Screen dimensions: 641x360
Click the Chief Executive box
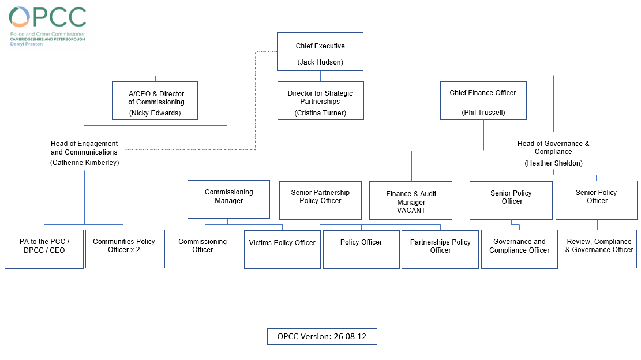pyautogui.click(x=320, y=52)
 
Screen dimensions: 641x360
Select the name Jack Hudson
pyautogui.click(x=320, y=62)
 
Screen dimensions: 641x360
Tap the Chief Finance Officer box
pyautogui.click(x=483, y=100)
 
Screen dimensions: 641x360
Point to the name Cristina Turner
pyautogui.click(x=320, y=112)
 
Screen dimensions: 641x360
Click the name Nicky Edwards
pyautogui.click(x=155, y=112)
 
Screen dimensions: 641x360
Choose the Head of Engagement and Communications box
pyautogui.click(x=84, y=151)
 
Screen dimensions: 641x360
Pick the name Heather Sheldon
pyautogui.click(x=553, y=163)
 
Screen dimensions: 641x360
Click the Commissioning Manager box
pyautogui.click(x=228, y=200)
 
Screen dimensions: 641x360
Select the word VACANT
pyautogui.click(x=411, y=211)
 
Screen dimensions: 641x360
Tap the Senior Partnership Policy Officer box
pyautogui.click(x=321, y=200)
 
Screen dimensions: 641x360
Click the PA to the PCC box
pyautogui.click(x=44, y=249)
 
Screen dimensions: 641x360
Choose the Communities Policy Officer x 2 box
pyautogui.click(x=124, y=249)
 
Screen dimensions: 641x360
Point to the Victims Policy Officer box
pyautogui.click(x=282, y=249)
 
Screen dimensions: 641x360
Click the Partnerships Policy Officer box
pyautogui.click(x=440, y=249)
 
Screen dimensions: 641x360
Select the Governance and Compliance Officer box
pyautogui.click(x=520, y=249)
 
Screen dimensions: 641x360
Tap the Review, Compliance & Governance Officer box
pyautogui.click(x=598, y=249)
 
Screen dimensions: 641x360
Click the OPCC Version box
pyautogui.click(x=322, y=337)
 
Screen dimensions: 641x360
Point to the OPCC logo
pyautogui.click(x=47, y=26)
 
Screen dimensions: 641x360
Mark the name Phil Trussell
pyautogui.click(x=483, y=112)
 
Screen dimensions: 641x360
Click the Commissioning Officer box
pyautogui.click(x=203, y=249)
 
